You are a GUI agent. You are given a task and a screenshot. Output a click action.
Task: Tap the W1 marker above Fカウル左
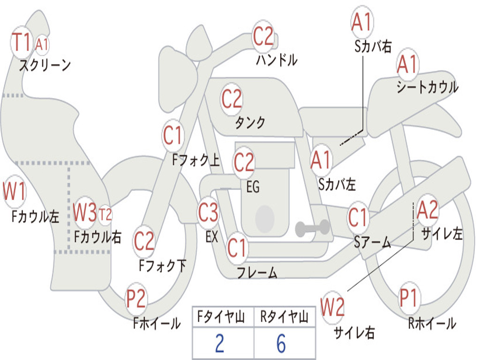[14, 191]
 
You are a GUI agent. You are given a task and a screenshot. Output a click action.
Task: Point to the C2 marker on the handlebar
[263, 36]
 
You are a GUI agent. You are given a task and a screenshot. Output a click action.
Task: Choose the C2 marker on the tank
[232, 99]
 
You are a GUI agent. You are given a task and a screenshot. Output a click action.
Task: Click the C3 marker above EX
[208, 212]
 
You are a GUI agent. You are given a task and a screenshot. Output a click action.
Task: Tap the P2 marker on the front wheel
[136, 299]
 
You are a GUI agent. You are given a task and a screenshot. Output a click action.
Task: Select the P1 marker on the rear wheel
[409, 298]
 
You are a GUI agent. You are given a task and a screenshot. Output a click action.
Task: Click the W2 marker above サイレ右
[332, 307]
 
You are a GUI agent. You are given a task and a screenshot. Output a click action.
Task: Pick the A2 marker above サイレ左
[427, 210]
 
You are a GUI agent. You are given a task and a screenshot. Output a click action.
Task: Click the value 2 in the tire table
[220, 344]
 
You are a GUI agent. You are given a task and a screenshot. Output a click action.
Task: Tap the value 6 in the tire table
[281, 344]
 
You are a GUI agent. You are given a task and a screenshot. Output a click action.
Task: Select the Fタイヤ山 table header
[221, 317]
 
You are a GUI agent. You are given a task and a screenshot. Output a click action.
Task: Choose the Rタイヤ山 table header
[285, 317]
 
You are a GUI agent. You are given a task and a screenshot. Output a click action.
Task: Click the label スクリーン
[45, 65]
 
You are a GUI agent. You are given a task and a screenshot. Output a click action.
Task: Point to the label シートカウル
[427, 87]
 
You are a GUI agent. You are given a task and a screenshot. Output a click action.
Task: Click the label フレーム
[257, 272]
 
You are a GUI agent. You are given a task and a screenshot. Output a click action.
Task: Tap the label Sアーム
[373, 242]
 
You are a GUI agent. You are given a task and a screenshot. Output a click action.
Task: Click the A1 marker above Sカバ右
[362, 22]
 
